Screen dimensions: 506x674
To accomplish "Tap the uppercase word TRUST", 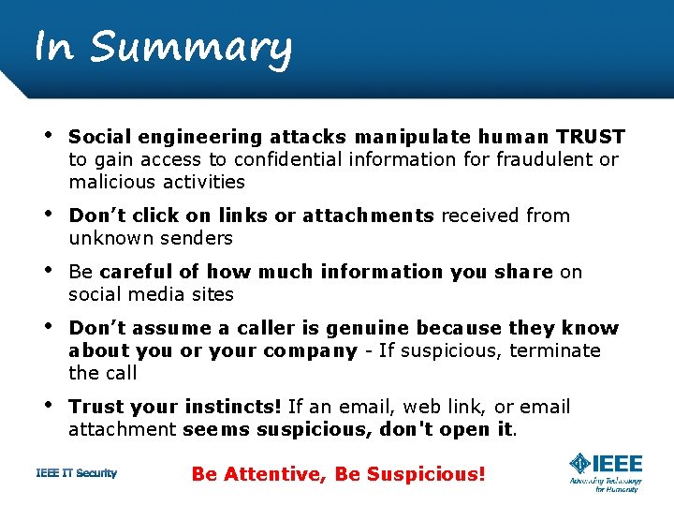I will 590,137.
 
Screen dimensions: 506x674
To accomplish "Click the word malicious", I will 109,182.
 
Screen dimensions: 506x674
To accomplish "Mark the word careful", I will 137,272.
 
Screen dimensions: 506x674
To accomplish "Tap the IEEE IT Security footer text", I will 77,473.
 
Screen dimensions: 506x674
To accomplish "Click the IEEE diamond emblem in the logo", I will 580,464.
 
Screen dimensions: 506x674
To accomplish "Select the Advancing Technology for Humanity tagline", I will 605,484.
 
